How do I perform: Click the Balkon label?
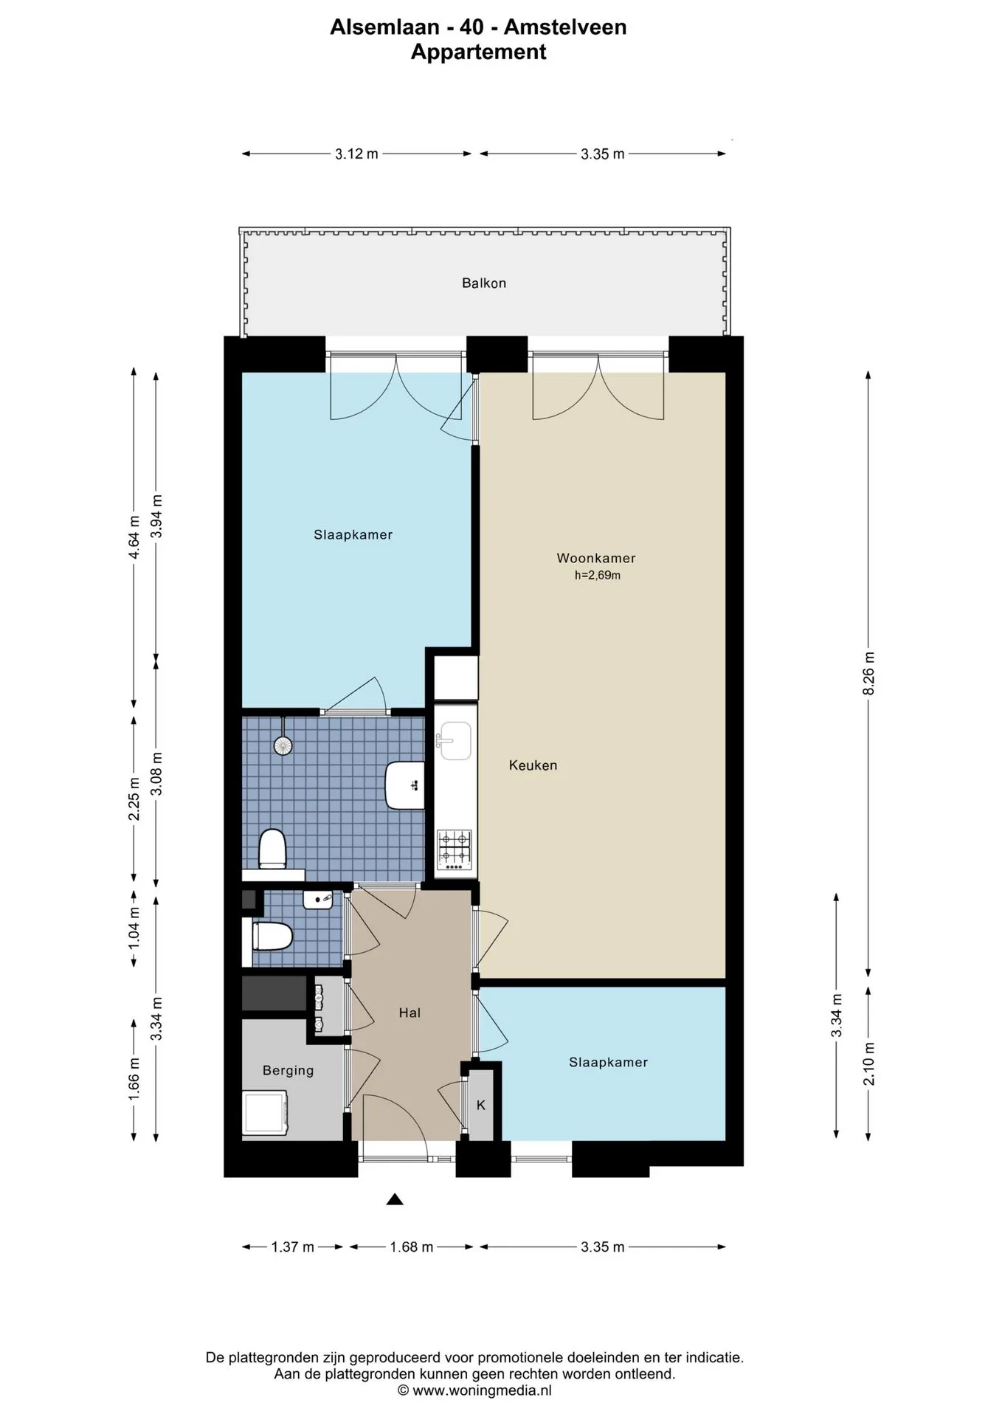point(484,283)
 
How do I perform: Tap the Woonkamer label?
point(596,559)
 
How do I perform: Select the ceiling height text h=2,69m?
point(598,576)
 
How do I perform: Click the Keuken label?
point(533,765)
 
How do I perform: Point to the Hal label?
point(410,1013)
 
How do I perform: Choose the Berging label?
point(288,1071)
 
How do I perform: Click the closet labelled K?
point(481,1105)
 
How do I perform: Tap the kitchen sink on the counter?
point(455,740)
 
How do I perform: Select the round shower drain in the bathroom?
point(283,745)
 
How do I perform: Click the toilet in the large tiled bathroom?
point(272,849)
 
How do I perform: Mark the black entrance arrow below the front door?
point(395,1199)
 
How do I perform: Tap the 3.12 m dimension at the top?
point(356,154)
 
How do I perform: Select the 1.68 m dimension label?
point(411,1247)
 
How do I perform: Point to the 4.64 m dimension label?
point(134,537)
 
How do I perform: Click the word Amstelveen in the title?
point(565,27)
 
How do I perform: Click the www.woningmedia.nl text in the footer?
point(481,1390)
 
